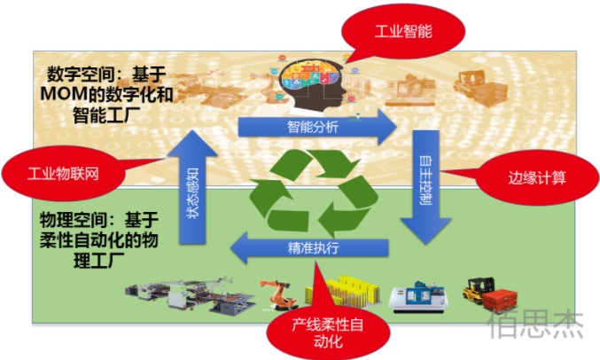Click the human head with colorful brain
coord(315,82)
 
